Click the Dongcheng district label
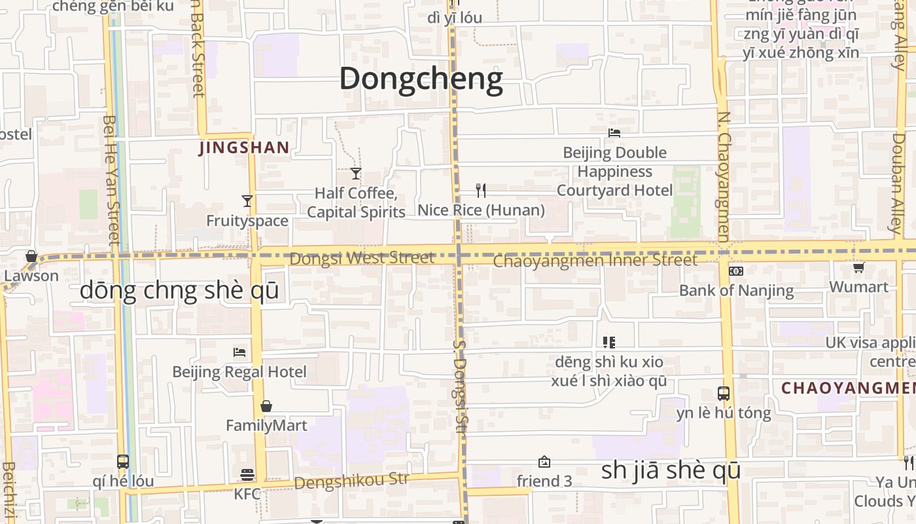[421, 79]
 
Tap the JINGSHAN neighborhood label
[244, 148]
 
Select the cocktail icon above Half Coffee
[356, 174]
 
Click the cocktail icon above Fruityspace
[247, 201]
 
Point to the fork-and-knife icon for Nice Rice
[481, 191]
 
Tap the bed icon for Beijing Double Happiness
[614, 132]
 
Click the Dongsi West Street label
[362, 258]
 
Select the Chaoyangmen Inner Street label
[595, 261]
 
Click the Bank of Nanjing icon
[736, 271]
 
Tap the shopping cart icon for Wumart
[859, 267]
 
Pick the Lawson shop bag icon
[31, 256]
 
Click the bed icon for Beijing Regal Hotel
[239, 352]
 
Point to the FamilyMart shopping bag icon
[266, 407]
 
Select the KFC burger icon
[247, 474]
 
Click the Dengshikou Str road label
[351, 481]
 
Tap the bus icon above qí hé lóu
[123, 461]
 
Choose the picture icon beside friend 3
[544, 462]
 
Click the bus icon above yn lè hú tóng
[724, 394]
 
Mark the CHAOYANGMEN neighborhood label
[848, 388]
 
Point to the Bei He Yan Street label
[112, 180]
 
